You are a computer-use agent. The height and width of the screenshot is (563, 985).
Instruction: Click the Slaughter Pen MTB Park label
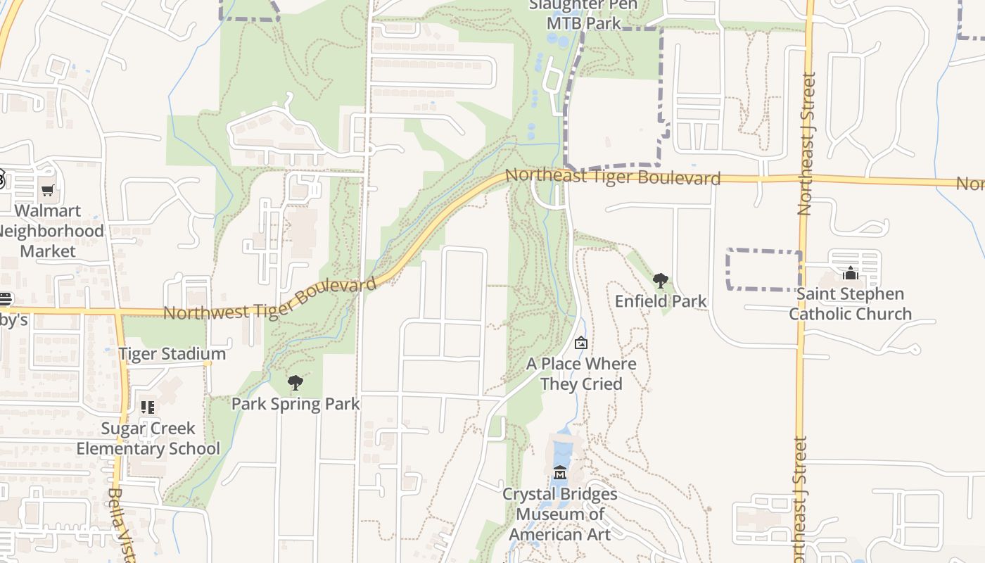click(x=583, y=14)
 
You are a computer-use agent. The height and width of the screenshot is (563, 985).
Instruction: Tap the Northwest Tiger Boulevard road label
click(x=270, y=299)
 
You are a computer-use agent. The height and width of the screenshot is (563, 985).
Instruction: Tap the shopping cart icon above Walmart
click(x=47, y=190)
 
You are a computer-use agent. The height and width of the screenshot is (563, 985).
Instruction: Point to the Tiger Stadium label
click(x=172, y=353)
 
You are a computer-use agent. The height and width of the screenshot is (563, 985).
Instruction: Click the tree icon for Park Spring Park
click(x=295, y=383)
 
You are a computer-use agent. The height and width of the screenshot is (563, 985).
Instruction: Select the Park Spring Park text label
click(x=295, y=404)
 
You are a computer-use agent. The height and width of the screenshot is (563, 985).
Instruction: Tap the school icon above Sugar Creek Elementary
click(x=148, y=407)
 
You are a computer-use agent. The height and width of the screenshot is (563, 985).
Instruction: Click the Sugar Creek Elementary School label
click(x=148, y=438)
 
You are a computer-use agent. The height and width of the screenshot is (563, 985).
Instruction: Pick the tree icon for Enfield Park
click(x=660, y=281)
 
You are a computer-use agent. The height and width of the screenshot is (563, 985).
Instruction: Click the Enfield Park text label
click(x=660, y=301)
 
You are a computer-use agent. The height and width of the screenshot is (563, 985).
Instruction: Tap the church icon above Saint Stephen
click(x=850, y=273)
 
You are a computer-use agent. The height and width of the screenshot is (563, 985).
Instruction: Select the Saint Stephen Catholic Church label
click(x=850, y=304)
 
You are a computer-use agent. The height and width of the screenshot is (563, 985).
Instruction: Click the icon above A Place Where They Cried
click(x=581, y=343)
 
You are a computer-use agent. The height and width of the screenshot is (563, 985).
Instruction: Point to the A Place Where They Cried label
click(x=581, y=374)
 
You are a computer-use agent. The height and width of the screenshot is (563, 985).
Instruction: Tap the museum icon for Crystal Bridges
click(x=560, y=472)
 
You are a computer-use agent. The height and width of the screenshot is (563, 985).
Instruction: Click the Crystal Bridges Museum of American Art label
click(x=560, y=514)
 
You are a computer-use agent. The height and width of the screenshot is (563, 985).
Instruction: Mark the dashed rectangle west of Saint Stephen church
click(x=764, y=270)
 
